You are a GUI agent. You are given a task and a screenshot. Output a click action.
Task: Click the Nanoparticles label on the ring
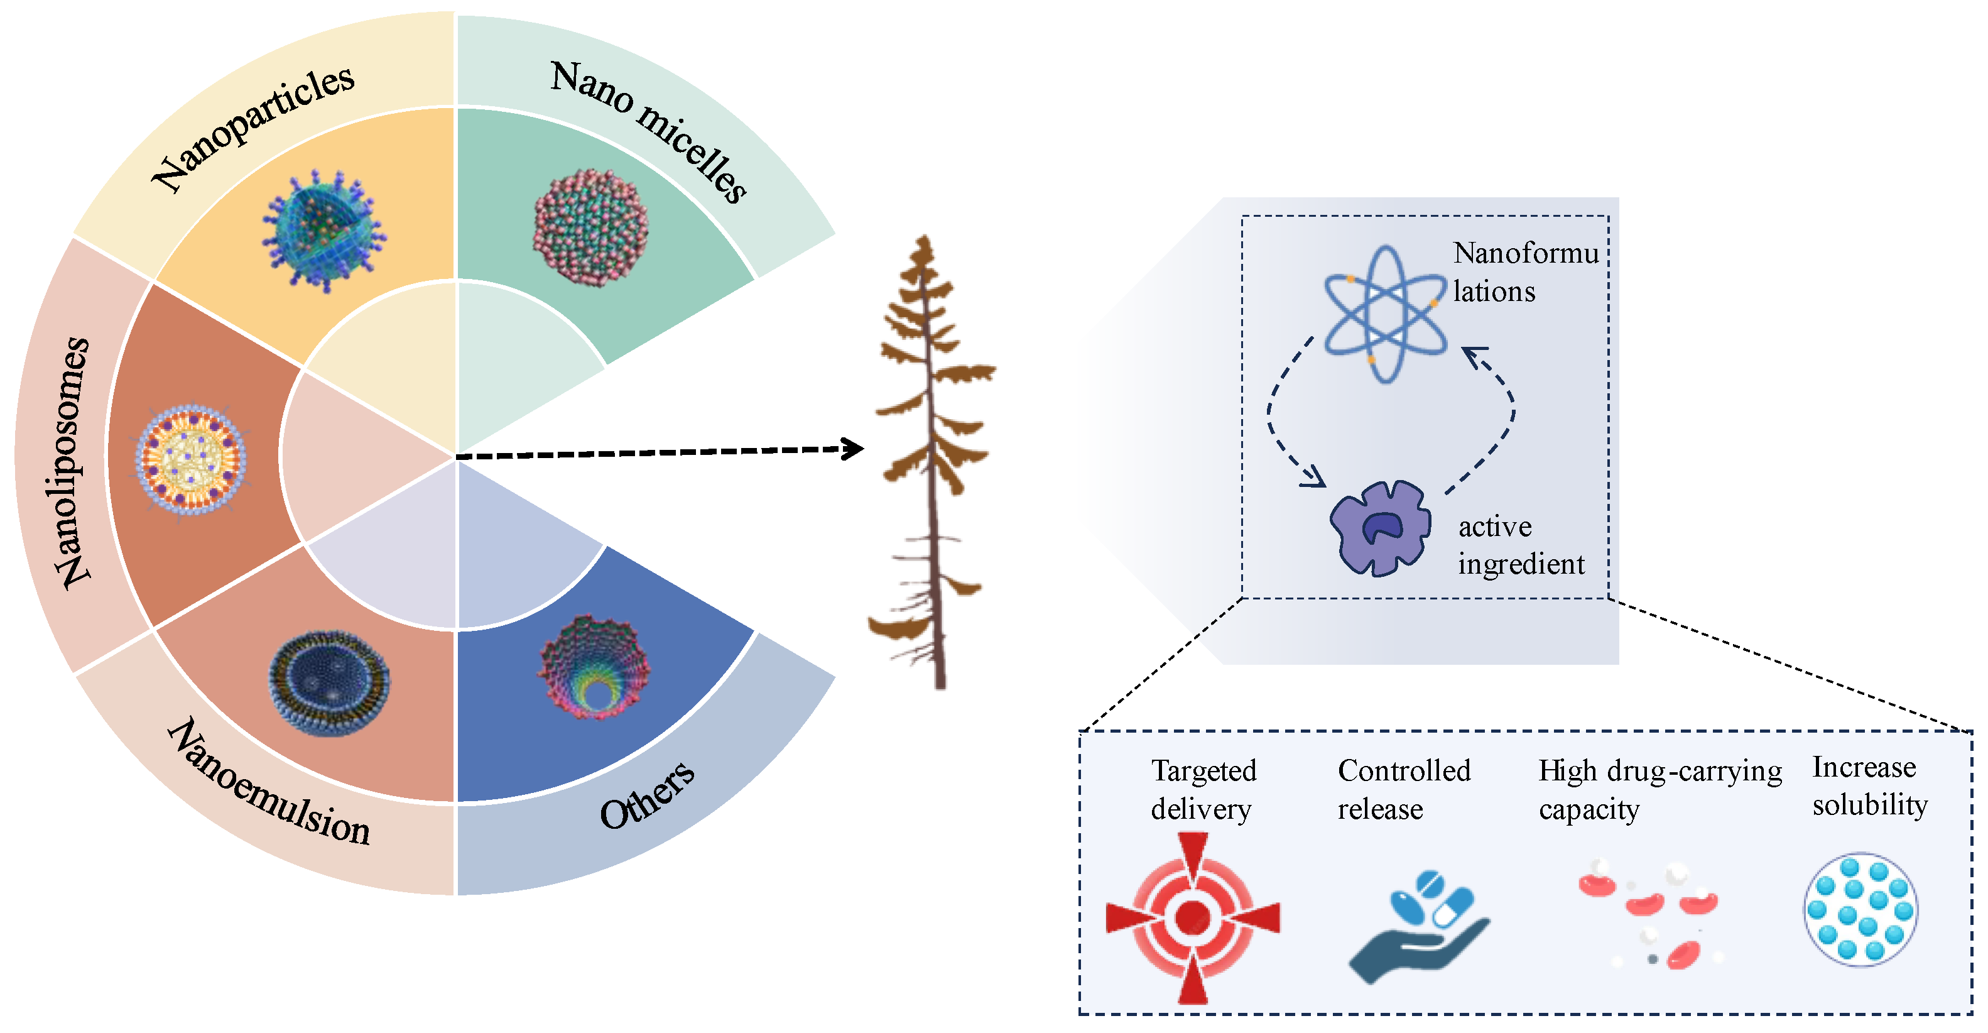tap(253, 128)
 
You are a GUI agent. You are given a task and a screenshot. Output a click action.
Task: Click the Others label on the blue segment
tap(647, 795)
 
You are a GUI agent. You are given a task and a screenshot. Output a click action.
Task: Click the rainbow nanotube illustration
tap(594, 668)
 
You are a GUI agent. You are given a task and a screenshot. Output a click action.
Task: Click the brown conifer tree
tap(932, 463)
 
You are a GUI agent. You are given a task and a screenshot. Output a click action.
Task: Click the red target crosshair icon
tap(1193, 918)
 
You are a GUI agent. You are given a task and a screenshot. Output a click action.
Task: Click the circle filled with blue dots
tap(1860, 909)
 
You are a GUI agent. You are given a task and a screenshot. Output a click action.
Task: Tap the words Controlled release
tap(1403, 789)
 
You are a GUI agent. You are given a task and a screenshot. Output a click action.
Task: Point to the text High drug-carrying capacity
tap(1659, 789)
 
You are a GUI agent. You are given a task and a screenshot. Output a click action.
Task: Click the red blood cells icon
tap(1648, 915)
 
